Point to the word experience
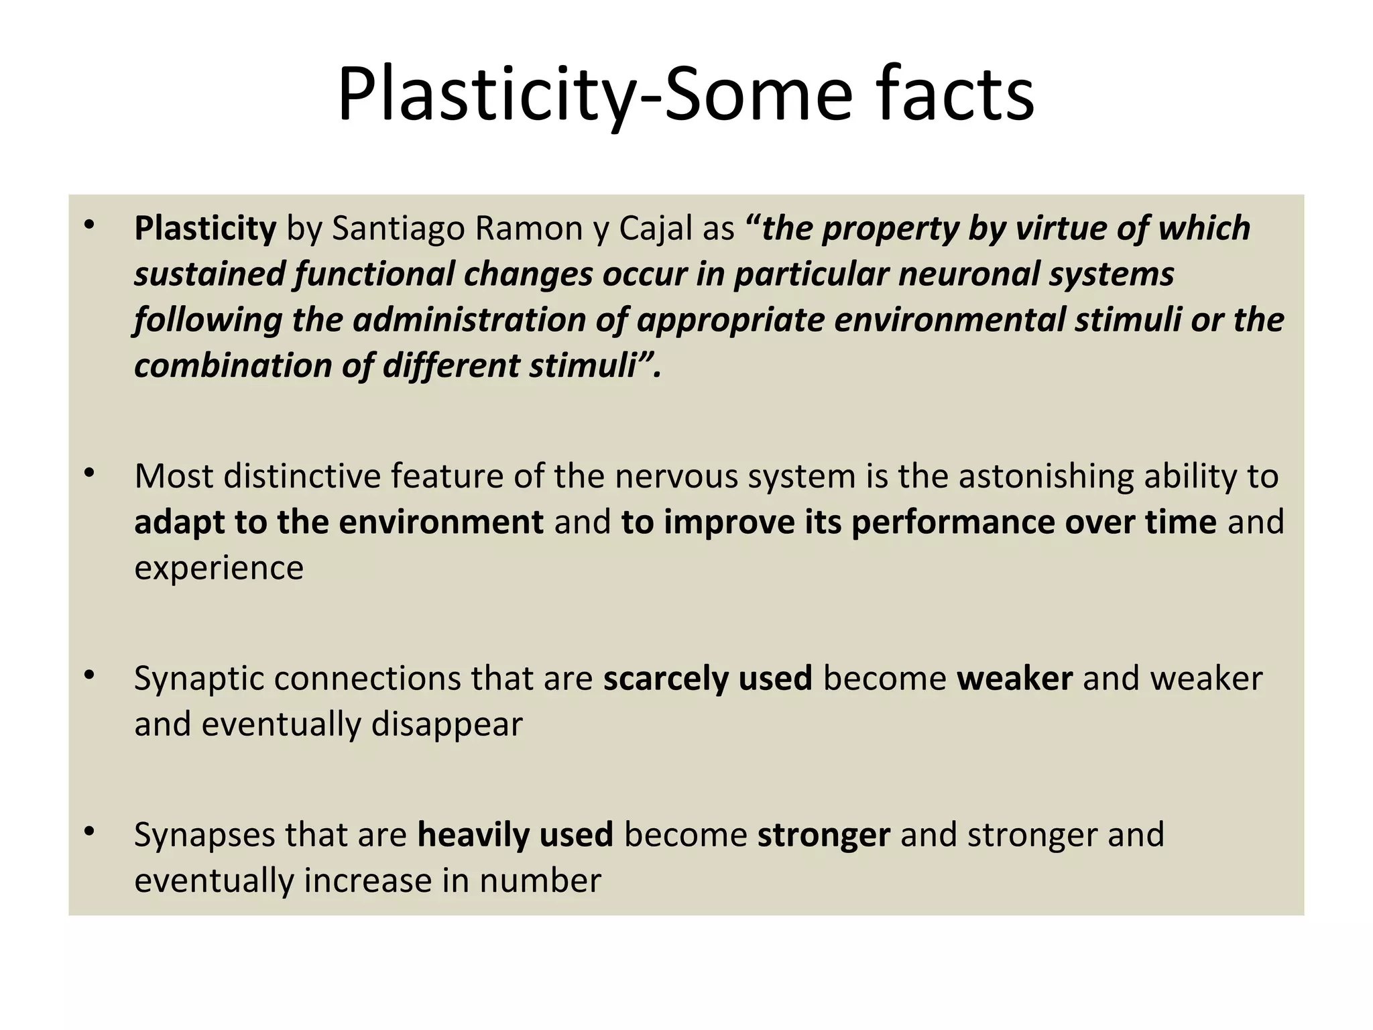tap(219, 568)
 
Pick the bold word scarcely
tap(665, 679)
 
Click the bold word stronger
tap(824, 835)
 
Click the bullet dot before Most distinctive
tap(90, 474)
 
